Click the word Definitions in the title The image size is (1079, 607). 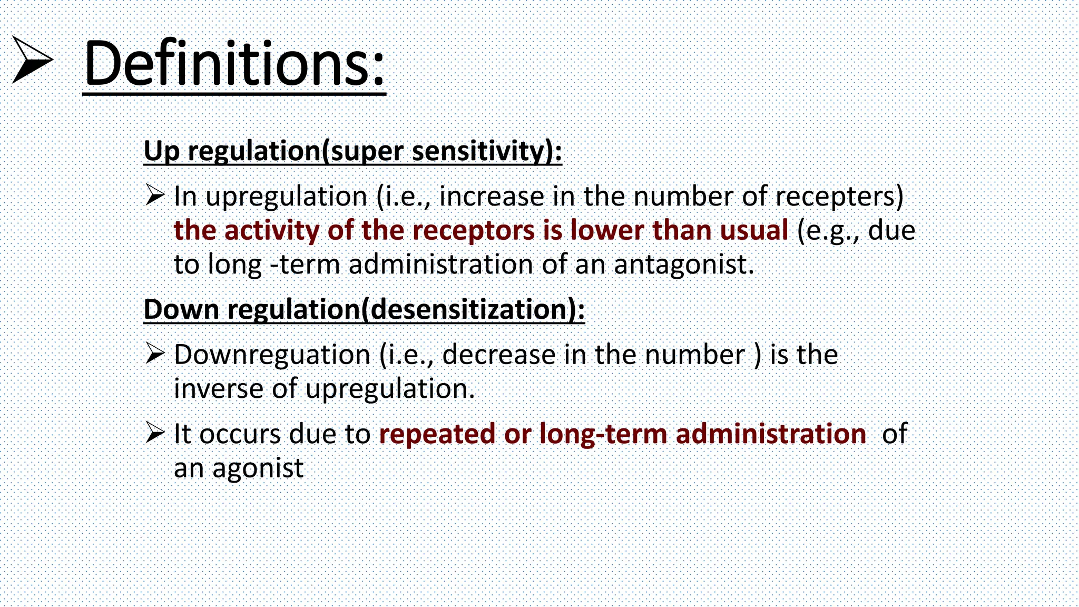click(234, 64)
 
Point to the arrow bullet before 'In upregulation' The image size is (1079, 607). click(155, 195)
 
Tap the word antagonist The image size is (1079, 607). click(684, 265)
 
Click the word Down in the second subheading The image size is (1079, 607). click(181, 309)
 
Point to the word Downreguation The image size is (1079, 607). click(272, 355)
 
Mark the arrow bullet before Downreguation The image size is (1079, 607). click(155, 354)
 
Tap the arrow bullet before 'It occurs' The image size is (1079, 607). click(155, 433)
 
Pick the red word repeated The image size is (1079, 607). click(437, 434)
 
